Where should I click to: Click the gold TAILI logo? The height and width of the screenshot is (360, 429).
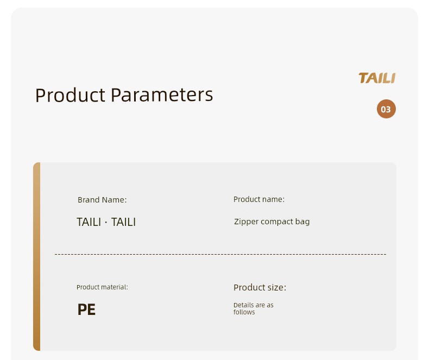click(377, 78)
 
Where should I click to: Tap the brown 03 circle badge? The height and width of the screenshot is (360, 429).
click(386, 109)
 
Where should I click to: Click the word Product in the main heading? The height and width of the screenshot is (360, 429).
click(70, 95)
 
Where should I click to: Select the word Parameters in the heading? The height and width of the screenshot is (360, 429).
click(162, 95)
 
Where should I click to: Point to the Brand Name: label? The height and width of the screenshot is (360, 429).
click(102, 200)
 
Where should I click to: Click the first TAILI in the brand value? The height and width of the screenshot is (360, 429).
click(89, 222)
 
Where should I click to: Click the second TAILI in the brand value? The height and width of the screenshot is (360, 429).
click(123, 222)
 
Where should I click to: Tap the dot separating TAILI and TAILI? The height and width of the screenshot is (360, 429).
click(106, 222)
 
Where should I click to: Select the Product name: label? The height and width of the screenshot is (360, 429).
click(259, 199)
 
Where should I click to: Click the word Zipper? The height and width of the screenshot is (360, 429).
click(246, 222)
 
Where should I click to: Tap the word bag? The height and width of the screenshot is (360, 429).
click(302, 222)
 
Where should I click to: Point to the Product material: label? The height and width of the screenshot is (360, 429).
click(102, 287)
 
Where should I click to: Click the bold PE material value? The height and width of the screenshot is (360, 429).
click(86, 310)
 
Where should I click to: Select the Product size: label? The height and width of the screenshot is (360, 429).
click(260, 287)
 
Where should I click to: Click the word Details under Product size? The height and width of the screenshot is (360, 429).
click(243, 305)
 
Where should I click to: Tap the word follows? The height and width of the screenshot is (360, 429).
click(244, 312)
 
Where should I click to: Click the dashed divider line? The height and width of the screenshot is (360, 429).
click(220, 254)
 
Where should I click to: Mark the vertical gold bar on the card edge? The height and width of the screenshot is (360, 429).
click(37, 256)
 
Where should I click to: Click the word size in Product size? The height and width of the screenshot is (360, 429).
click(277, 287)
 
